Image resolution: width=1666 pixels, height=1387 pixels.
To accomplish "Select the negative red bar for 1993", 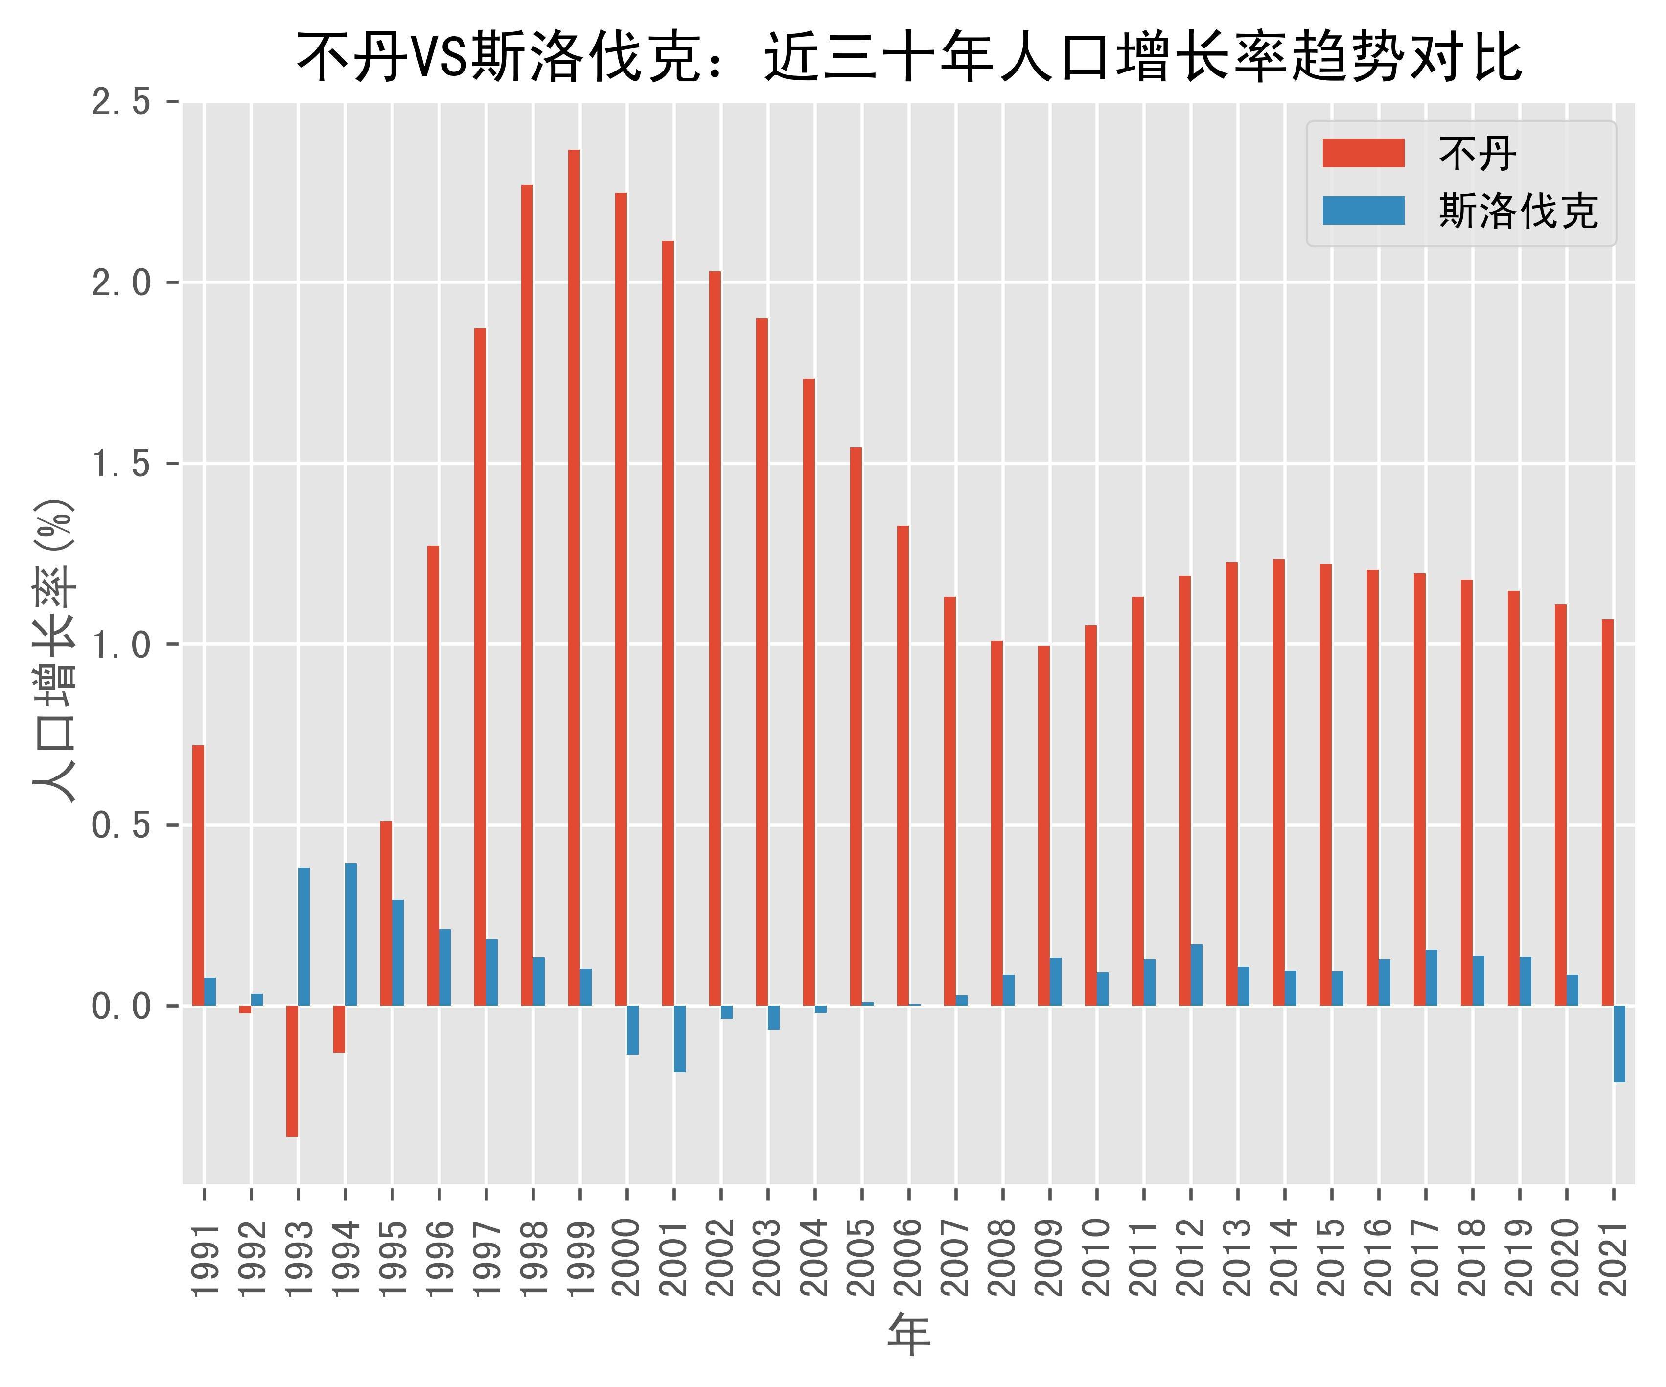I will coord(292,1071).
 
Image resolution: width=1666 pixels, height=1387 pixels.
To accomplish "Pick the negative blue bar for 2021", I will coord(1619,1043).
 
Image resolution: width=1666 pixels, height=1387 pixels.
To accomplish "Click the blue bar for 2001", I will coord(680,1039).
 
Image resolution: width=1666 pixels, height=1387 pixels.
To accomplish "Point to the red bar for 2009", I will coord(1043,825).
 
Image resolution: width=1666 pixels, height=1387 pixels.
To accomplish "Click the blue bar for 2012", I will coord(1196,975).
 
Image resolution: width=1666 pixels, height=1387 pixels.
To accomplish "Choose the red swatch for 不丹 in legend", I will coord(1363,153).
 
